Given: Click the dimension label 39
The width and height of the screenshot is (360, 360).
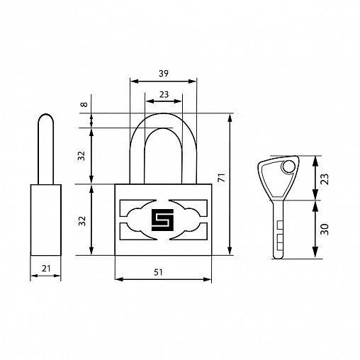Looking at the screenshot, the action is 164,74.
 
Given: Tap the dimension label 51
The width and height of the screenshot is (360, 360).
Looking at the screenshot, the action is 158,272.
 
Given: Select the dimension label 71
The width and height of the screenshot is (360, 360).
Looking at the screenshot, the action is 222,178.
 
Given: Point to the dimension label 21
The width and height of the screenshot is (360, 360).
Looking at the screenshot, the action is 46,269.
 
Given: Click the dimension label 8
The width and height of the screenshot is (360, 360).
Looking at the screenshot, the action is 84,104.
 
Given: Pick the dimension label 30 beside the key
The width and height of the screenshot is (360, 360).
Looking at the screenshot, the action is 325,230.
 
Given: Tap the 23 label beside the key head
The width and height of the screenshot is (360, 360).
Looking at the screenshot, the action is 325,179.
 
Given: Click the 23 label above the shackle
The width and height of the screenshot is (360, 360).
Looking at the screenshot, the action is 164,94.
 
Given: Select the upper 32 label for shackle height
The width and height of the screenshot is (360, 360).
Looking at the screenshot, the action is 81,156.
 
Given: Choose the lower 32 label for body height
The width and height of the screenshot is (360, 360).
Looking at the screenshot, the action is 82,221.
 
